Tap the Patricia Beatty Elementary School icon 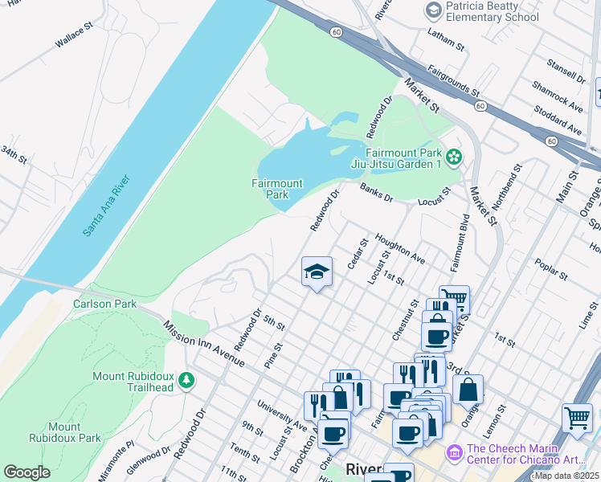point(434,10)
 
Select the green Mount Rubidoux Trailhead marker point(186,378)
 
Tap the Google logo point(27,472)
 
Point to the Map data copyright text point(567,476)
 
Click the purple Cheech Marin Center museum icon point(455,455)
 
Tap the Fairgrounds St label point(453,81)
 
